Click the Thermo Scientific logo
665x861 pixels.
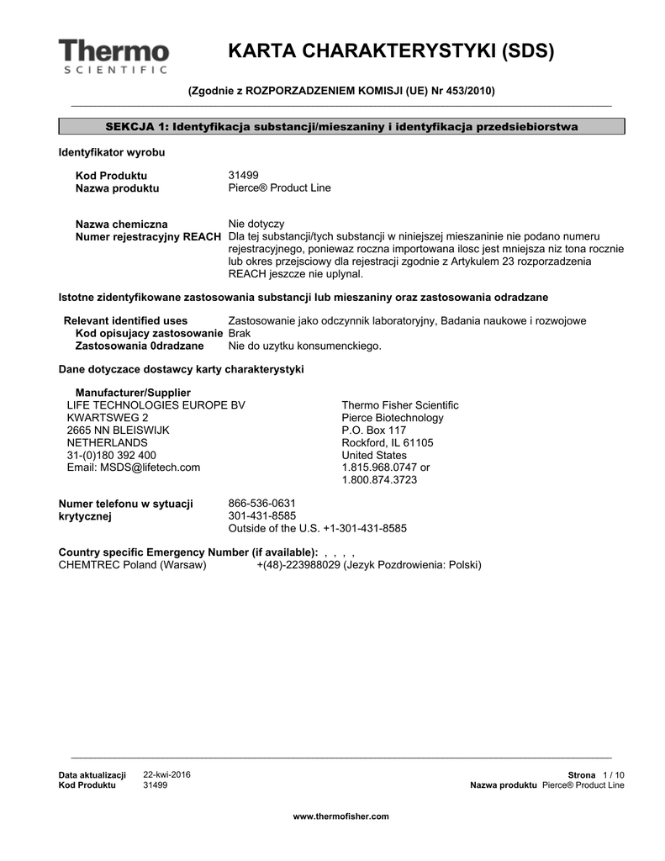click(x=113, y=55)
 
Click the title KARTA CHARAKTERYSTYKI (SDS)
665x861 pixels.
click(x=391, y=51)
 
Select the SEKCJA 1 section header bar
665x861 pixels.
click(x=341, y=126)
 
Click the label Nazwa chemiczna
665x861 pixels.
click(x=122, y=224)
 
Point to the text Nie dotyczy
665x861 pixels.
click(x=256, y=224)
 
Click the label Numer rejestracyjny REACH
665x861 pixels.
click(x=148, y=237)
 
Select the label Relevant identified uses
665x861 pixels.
click(x=126, y=321)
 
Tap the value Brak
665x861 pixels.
click(x=240, y=334)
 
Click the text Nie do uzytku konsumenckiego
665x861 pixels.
click(x=304, y=346)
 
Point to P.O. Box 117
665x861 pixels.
click(x=373, y=430)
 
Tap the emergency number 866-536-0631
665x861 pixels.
click(x=261, y=504)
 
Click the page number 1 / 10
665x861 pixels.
click(x=614, y=774)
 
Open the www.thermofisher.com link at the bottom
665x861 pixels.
click(x=340, y=816)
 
